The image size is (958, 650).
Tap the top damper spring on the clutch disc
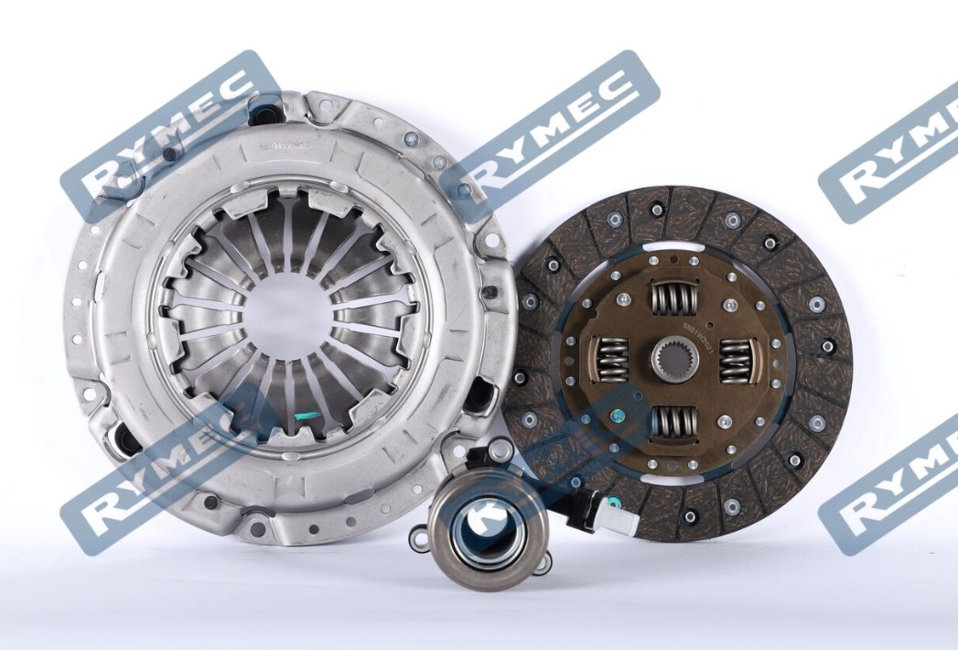point(673,299)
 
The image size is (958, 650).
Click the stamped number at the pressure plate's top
point(285,143)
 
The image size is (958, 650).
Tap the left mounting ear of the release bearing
point(419,539)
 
